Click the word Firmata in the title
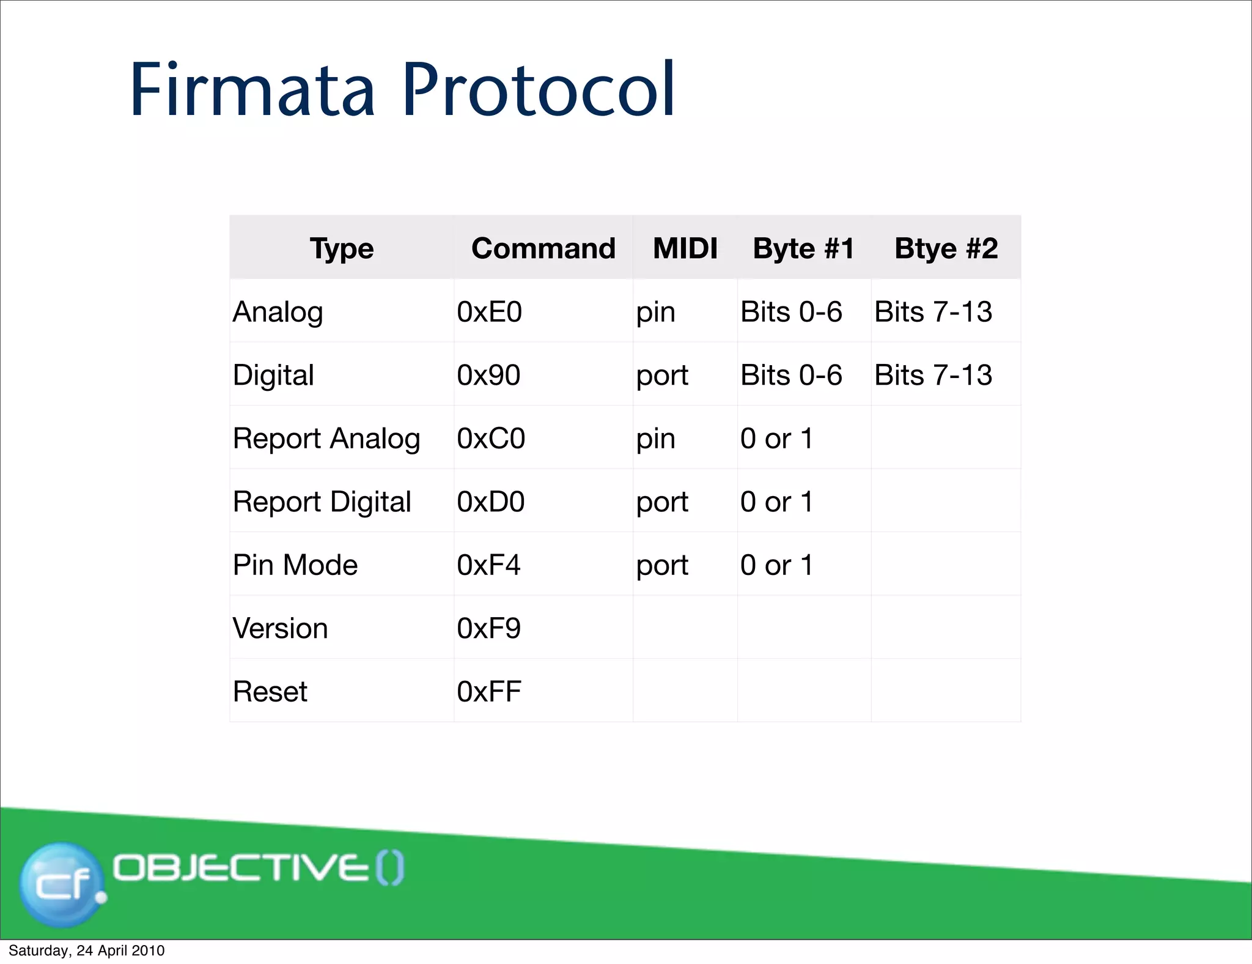252,90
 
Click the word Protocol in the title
538,90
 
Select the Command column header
543,248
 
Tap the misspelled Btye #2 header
946,248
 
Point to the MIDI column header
685,248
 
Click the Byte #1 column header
803,248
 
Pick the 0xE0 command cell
489,312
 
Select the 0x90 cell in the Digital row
488,375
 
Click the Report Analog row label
326,439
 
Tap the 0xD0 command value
490,502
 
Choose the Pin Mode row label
295,565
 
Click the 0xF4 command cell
488,565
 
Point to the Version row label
281,628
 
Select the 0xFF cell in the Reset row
488,692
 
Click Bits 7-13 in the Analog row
933,312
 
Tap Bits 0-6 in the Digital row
791,375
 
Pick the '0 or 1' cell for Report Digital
776,502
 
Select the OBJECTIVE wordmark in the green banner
241,868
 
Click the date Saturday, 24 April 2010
86,951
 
